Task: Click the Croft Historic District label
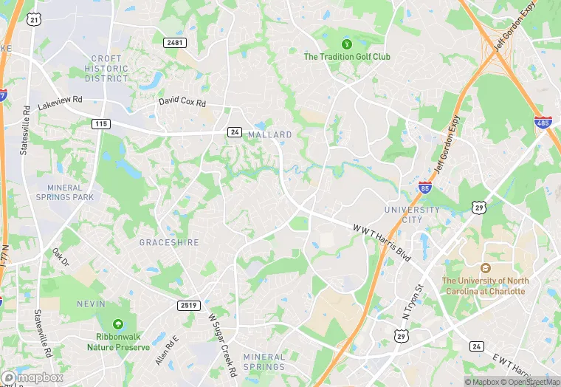coord(107,68)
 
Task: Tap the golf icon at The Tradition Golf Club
coord(338,44)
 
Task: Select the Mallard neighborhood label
coord(269,134)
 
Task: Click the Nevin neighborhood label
coord(92,304)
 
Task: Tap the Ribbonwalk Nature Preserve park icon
coord(117,324)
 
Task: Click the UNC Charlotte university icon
coord(485,269)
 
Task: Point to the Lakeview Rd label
coord(61,104)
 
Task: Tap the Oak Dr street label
coord(60,257)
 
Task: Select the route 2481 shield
coord(176,44)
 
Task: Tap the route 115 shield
coord(102,123)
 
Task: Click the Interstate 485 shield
coord(542,121)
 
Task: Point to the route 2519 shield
coord(189,305)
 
